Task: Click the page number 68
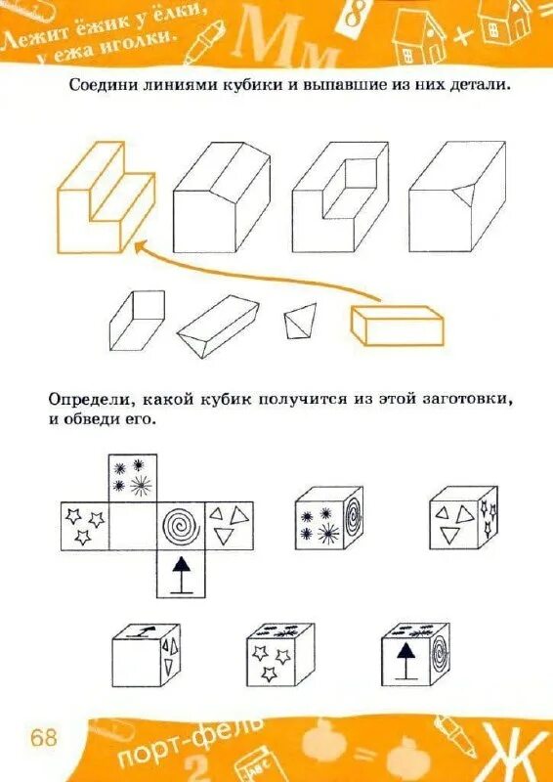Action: (44, 737)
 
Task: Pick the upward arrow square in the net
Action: (181, 574)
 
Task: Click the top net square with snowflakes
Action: (132, 477)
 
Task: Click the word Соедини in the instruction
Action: (102, 85)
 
